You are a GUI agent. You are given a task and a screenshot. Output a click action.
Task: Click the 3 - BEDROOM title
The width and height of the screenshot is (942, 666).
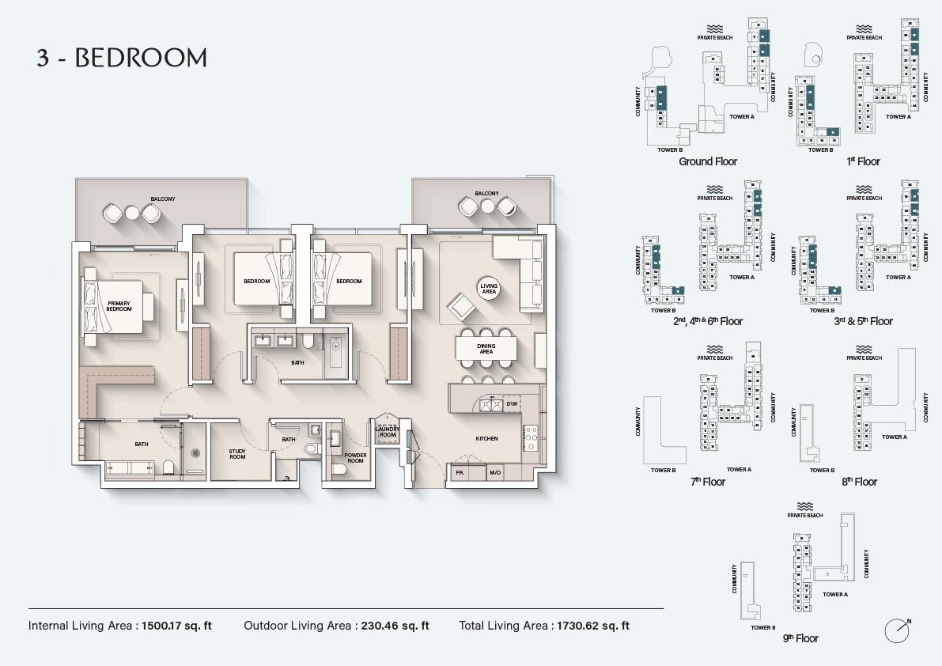pyautogui.click(x=122, y=58)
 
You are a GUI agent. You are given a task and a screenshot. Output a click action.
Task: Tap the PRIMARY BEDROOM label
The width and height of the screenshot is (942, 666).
pyautogui.click(x=119, y=306)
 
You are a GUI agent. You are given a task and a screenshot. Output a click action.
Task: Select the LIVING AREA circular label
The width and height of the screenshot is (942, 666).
pyautogui.click(x=489, y=289)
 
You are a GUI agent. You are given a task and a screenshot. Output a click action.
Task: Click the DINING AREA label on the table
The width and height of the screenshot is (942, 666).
pyautogui.click(x=486, y=349)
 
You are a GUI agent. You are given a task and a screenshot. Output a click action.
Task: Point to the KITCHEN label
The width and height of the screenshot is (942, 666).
pyautogui.click(x=486, y=439)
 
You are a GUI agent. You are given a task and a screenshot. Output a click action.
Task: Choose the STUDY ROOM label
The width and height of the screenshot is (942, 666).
pyautogui.click(x=237, y=454)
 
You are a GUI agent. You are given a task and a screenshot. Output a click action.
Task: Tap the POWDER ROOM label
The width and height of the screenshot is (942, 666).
pyautogui.click(x=355, y=458)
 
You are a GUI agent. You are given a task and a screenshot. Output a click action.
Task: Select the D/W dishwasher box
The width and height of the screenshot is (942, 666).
pyautogui.click(x=512, y=404)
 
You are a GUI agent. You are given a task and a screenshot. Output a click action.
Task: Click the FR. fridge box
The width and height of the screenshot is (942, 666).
pyautogui.click(x=460, y=472)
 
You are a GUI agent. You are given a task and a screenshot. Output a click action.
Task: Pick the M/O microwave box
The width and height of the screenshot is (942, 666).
pyautogui.click(x=495, y=472)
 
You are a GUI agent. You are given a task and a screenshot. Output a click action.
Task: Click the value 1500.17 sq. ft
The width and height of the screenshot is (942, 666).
pyautogui.click(x=177, y=626)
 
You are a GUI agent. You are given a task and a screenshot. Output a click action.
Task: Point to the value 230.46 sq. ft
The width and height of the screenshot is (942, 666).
pyautogui.click(x=395, y=626)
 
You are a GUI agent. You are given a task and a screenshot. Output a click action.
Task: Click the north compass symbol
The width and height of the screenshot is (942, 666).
pyautogui.click(x=897, y=630)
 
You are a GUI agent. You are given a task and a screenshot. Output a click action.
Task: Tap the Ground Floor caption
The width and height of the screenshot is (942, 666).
pyautogui.click(x=708, y=161)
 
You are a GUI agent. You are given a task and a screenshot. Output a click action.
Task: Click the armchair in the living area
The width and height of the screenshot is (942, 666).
pyautogui.click(x=459, y=306)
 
